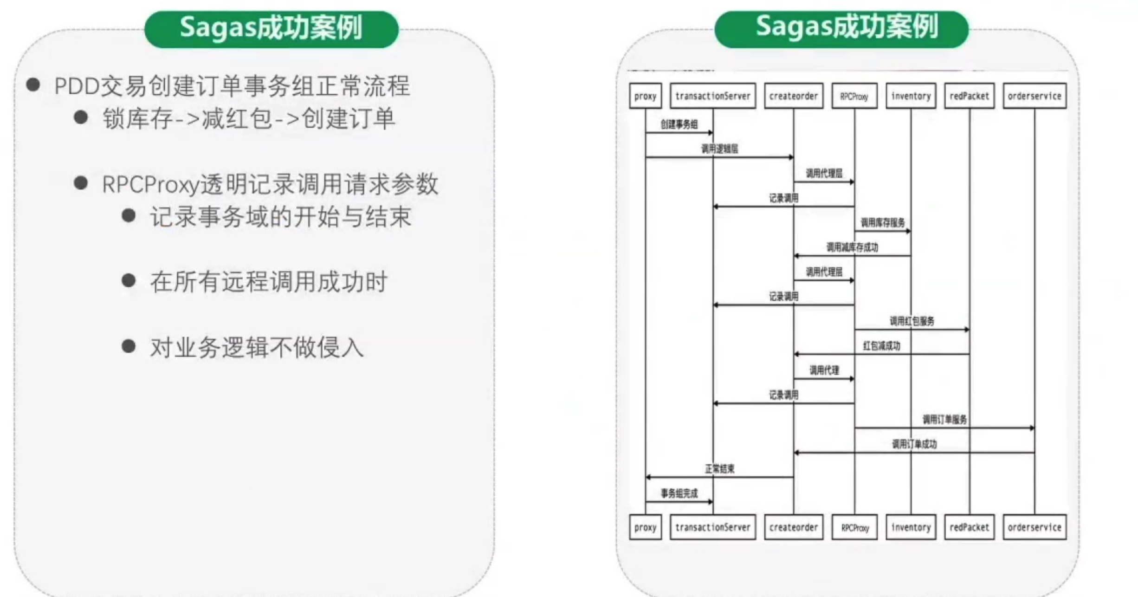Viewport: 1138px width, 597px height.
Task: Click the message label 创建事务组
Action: [679, 124]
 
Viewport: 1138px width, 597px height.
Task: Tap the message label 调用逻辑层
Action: [719, 149]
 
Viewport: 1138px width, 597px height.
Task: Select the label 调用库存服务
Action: [882, 222]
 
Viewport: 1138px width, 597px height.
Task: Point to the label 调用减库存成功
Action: [852, 247]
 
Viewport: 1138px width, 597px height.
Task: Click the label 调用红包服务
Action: [912, 321]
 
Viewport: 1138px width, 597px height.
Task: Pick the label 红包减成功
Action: [881, 345]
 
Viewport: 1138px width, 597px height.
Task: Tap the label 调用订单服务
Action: [944, 419]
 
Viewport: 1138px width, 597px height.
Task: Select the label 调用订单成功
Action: [914, 444]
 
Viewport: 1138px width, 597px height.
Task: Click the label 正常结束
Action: [719, 469]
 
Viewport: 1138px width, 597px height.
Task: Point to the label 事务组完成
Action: [679, 493]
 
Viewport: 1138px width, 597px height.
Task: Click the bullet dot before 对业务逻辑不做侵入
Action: [128, 346]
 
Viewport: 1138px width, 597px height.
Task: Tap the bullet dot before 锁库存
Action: [81, 117]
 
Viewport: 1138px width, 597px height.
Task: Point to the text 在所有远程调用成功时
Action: [268, 282]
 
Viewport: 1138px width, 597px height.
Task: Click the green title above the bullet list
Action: [272, 28]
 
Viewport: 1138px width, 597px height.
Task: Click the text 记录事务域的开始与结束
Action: [280, 217]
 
